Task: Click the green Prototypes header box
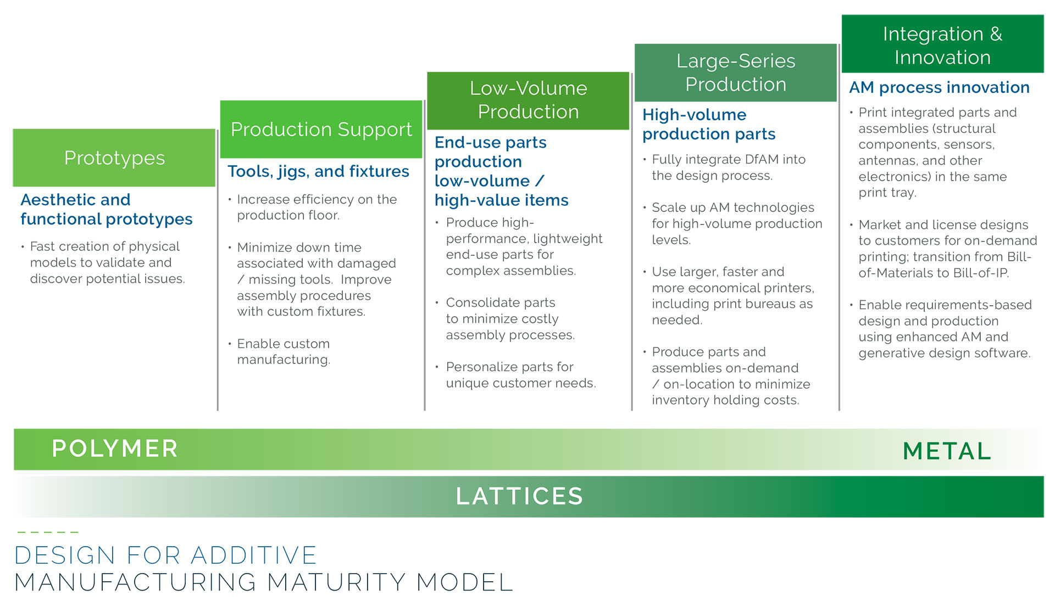(x=114, y=158)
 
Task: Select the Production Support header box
(x=321, y=130)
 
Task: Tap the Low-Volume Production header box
(x=528, y=100)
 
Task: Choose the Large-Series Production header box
(x=736, y=72)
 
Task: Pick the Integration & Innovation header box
(x=942, y=44)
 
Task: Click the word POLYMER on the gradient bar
(x=115, y=448)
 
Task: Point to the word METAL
(x=947, y=451)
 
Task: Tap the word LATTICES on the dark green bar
(x=519, y=496)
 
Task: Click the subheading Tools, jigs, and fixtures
(x=318, y=171)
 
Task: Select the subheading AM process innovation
(x=939, y=87)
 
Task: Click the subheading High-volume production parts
(x=709, y=124)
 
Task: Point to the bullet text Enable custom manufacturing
(x=283, y=351)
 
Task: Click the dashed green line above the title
(x=48, y=532)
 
